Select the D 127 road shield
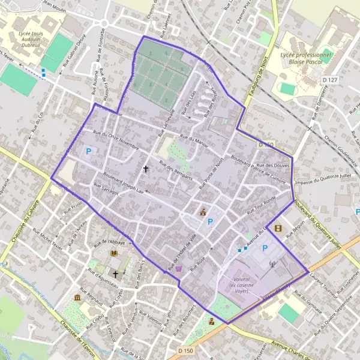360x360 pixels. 329,79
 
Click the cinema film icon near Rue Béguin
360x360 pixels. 277,228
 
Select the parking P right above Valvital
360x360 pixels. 265,248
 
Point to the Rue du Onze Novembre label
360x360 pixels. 115,140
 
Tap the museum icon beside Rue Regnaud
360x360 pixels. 77,298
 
